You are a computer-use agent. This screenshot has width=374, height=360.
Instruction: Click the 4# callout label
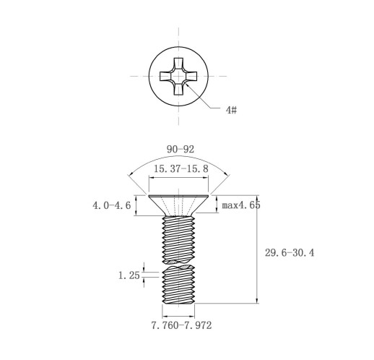click(231, 110)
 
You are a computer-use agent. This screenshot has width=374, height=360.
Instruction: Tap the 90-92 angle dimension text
click(181, 150)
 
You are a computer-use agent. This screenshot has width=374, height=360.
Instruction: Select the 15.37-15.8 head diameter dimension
click(181, 168)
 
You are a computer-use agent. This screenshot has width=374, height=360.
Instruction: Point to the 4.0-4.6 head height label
click(112, 205)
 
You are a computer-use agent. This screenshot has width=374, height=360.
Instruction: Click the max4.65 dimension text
click(241, 205)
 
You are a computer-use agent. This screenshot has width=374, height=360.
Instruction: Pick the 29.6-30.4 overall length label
click(290, 253)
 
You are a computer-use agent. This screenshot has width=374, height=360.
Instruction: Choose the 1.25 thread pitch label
click(129, 275)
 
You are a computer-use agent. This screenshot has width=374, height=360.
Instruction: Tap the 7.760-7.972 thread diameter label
click(181, 325)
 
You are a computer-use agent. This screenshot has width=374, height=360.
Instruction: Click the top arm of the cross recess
click(178, 64)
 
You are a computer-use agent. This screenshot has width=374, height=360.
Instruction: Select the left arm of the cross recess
click(165, 76)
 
